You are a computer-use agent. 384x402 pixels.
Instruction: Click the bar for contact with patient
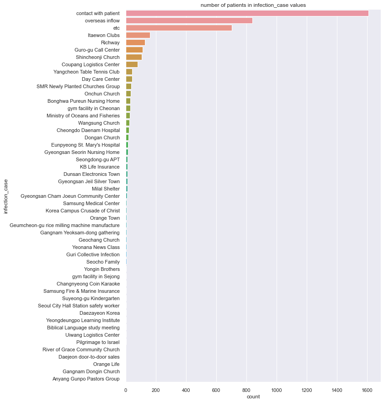tap(247, 13)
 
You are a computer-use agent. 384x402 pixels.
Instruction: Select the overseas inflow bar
tap(189, 21)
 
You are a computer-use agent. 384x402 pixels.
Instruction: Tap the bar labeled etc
tap(179, 28)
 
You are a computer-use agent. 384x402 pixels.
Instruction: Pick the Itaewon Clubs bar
tap(138, 35)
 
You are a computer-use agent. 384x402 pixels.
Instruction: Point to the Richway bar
tap(135, 42)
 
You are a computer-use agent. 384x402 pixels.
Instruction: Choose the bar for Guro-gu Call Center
tap(134, 50)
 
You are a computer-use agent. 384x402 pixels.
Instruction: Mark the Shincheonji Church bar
tap(133, 57)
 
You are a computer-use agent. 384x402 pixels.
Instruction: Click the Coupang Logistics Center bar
tap(132, 64)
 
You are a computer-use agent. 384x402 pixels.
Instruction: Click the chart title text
tap(253, 5)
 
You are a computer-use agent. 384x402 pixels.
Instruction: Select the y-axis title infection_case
tap(5, 196)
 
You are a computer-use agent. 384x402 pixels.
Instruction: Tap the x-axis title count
tap(253, 397)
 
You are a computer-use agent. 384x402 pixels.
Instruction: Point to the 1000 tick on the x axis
tap(276, 390)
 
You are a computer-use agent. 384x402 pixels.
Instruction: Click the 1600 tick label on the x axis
tap(367, 390)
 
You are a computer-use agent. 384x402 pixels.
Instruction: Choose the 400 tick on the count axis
tap(186, 390)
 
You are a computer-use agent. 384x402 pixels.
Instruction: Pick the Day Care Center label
tap(97, 79)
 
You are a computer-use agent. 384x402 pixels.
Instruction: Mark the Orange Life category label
tap(106, 364)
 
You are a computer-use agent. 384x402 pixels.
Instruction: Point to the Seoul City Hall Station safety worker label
tap(79, 306)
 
